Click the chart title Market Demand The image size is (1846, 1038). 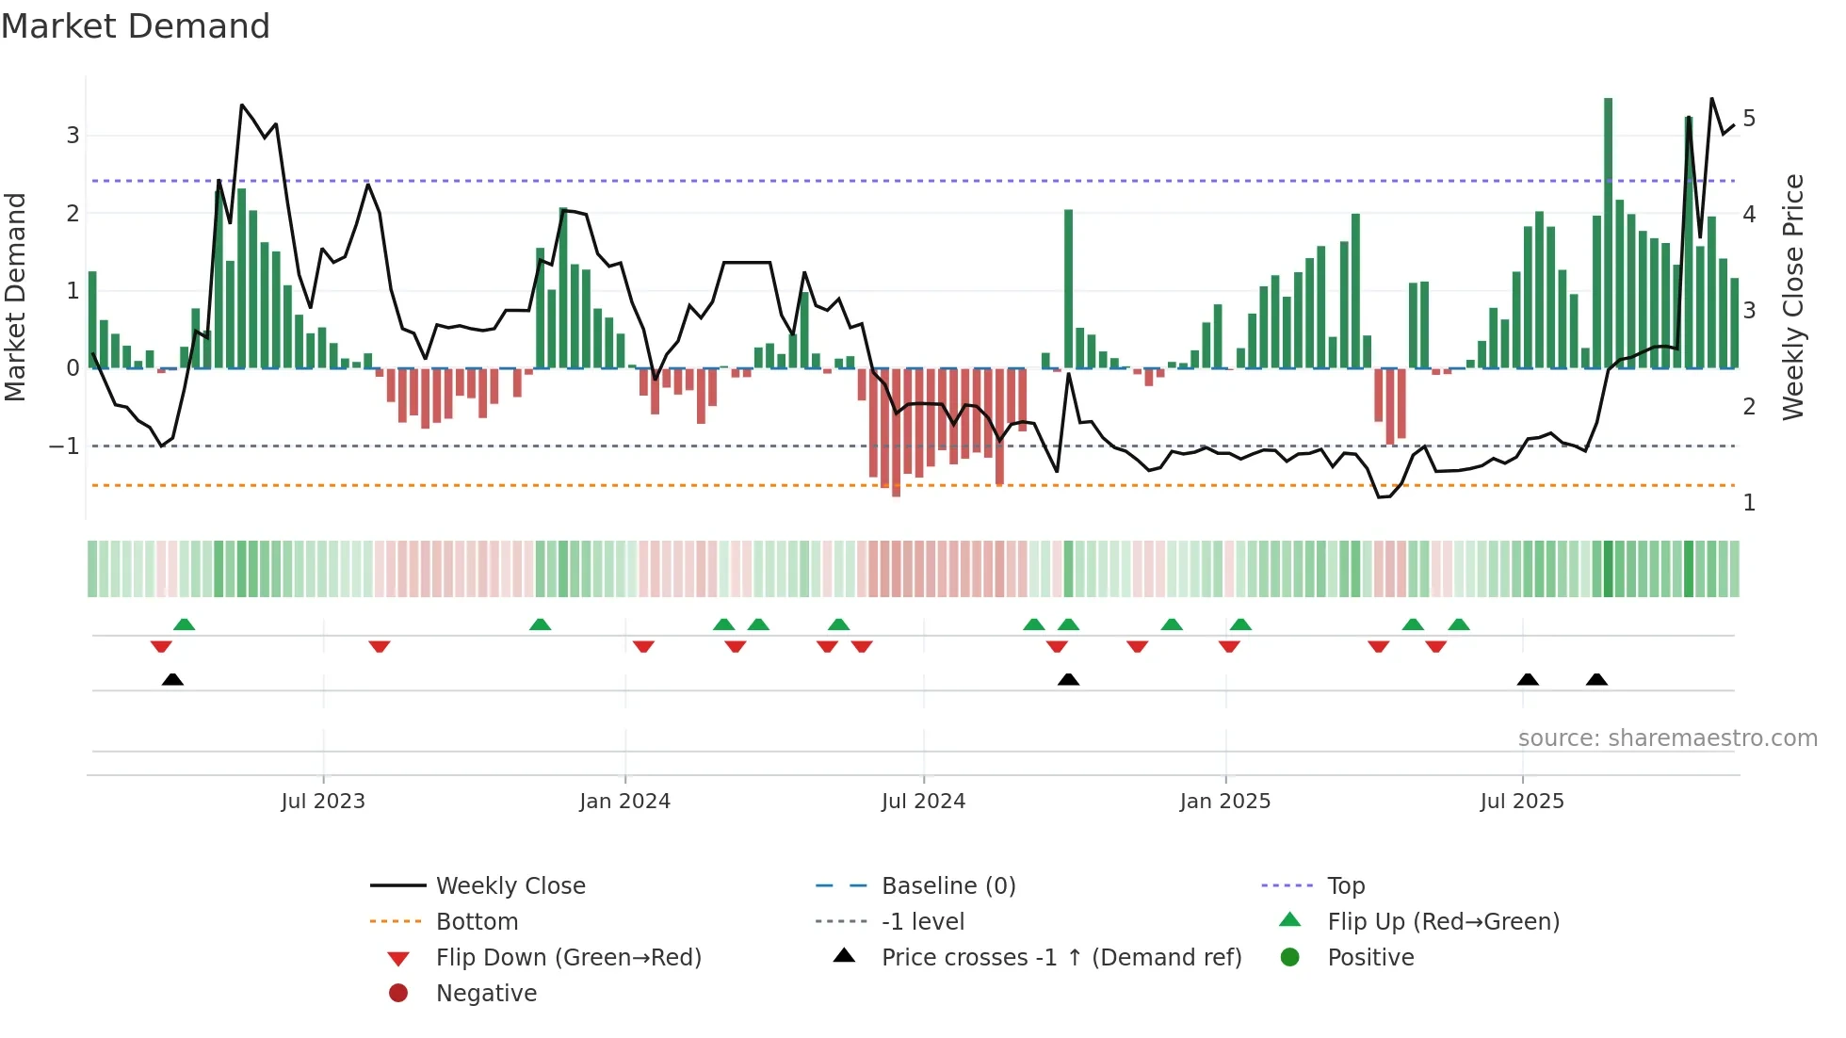tap(136, 26)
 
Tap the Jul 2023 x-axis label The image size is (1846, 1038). tap(323, 802)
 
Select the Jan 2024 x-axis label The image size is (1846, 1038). tap(624, 802)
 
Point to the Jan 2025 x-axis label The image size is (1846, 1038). tap(1224, 802)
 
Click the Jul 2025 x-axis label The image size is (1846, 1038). tap(1521, 802)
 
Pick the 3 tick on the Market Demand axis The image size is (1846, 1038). tap(73, 136)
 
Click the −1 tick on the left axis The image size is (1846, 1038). tap(65, 446)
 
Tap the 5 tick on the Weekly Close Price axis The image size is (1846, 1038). tap(1749, 119)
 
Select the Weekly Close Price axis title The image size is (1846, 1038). tap(1793, 297)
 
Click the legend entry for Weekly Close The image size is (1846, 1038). tap(510, 886)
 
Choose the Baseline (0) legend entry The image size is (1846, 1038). tap(947, 886)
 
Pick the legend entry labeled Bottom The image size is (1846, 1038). tap(477, 922)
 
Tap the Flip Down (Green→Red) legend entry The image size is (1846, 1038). tap(568, 958)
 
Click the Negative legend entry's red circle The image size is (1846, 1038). tap(398, 994)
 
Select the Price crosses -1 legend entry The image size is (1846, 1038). tap(1061, 958)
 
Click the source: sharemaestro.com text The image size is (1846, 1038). tap(1667, 738)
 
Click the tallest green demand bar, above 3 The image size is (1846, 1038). tap(1608, 232)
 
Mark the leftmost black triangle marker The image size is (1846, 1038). tap(172, 680)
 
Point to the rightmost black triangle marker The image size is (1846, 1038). tap(1596, 680)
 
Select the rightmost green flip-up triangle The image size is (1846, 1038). tap(1458, 624)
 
